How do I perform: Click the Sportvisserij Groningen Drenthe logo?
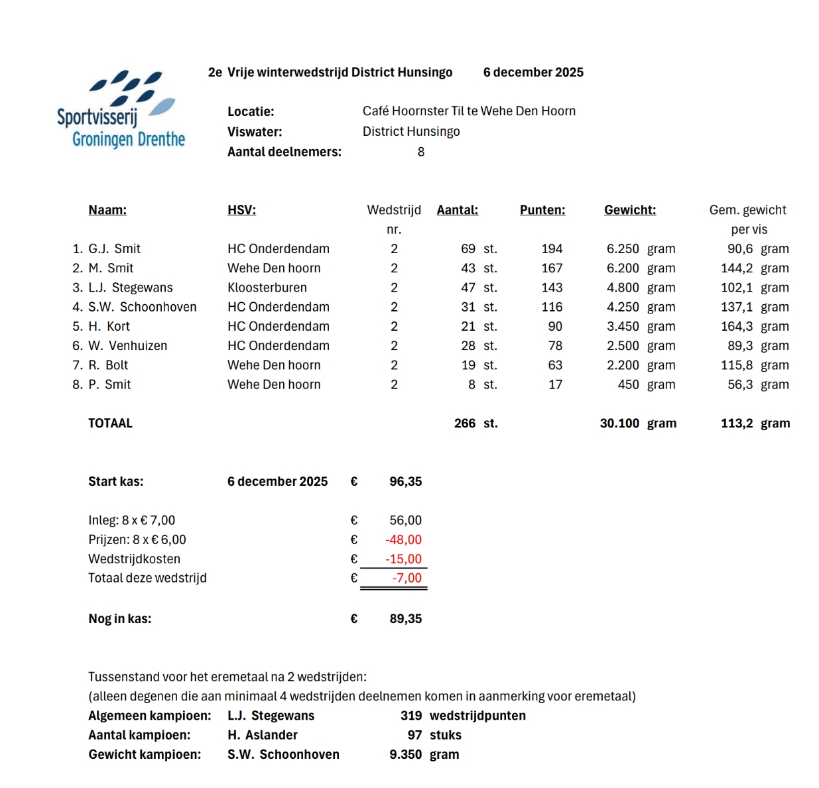(x=119, y=110)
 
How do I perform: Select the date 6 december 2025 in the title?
(x=533, y=72)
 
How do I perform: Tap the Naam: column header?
(x=107, y=210)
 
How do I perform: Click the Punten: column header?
(x=542, y=210)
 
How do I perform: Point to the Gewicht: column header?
(x=630, y=210)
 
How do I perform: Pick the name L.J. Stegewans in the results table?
(x=131, y=288)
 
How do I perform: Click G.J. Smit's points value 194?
(x=552, y=249)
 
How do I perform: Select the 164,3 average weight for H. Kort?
(x=737, y=326)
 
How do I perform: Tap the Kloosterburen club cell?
(x=267, y=288)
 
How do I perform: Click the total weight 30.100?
(x=619, y=423)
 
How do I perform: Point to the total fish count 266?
(x=465, y=423)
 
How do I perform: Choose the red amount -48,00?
(x=404, y=539)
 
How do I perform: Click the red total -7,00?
(x=407, y=578)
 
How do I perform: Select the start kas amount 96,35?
(x=405, y=482)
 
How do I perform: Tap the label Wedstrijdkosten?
(x=134, y=559)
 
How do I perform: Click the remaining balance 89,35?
(x=405, y=619)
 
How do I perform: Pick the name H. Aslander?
(x=263, y=735)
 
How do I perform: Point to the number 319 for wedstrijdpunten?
(x=411, y=716)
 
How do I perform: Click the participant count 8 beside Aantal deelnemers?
(x=421, y=152)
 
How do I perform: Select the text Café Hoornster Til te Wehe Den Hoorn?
(x=469, y=111)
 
